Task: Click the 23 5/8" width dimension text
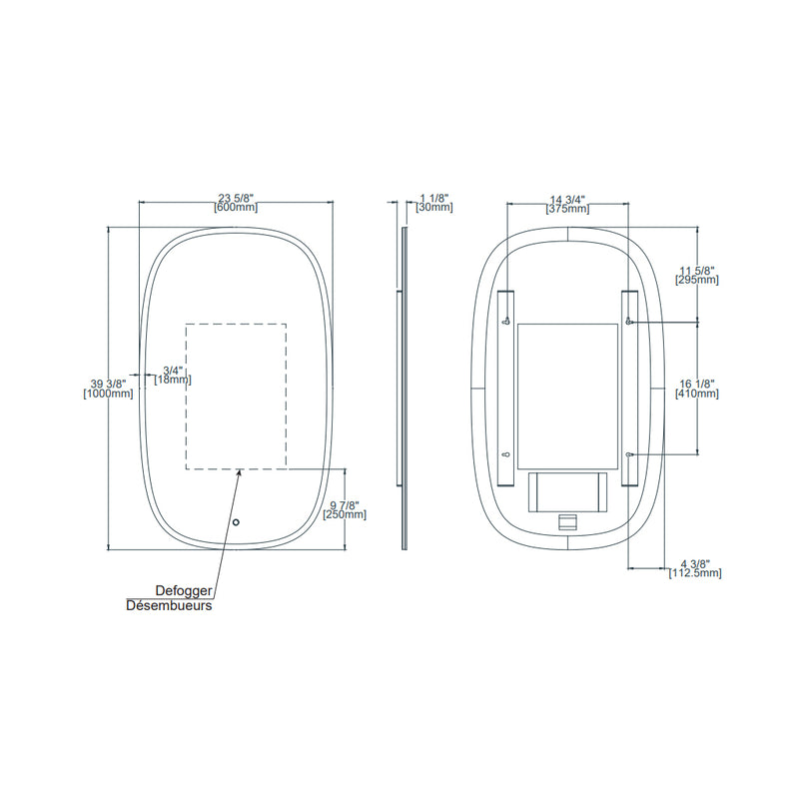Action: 237,197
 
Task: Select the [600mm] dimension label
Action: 237,208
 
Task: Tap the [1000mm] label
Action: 108,395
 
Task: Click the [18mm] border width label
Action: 173,380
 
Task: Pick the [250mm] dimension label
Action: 346,515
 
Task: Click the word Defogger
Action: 183,591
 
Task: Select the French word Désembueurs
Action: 169,605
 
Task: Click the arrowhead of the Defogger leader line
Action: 239,474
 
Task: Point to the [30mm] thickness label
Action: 434,208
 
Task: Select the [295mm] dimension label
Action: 696,281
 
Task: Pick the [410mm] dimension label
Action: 696,395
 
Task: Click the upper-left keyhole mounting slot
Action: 507,321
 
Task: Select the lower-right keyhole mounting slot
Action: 628,455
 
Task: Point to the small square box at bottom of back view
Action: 567,521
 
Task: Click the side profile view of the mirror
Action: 403,390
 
